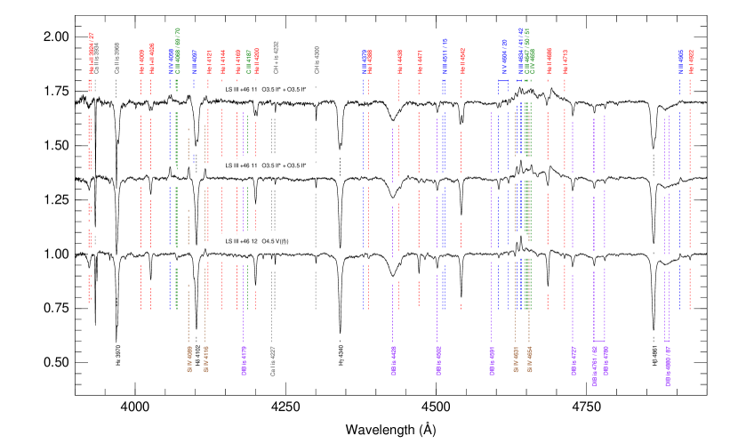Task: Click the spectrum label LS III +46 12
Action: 242,241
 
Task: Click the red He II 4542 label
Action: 461,62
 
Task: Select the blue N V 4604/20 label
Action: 503,56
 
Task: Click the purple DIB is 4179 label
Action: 243,360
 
